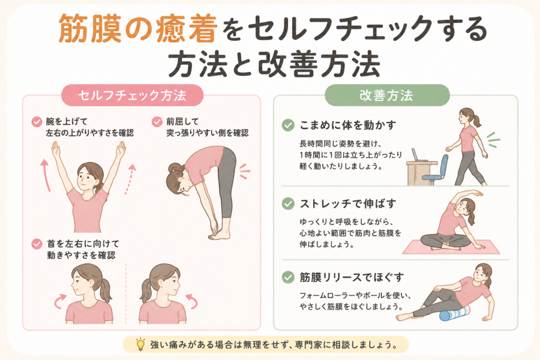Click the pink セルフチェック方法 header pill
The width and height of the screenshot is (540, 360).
pos(132,95)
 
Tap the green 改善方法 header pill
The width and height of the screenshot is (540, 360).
pos(387,95)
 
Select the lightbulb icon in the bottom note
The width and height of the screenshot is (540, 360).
pos(140,344)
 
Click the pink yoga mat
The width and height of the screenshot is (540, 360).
pos(451,247)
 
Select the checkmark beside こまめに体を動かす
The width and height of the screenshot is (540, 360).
pos(288,125)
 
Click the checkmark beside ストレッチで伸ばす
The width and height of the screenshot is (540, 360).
pos(288,204)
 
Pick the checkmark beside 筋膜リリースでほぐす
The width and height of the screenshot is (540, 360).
pos(288,277)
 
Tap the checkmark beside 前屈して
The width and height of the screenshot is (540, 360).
pos(157,122)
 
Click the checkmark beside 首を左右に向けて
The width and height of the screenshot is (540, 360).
pos(37,244)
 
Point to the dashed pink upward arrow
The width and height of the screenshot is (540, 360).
pos(130,179)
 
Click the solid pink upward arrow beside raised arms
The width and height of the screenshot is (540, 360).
pos(46,175)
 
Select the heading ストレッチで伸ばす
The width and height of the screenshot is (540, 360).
pos(348,204)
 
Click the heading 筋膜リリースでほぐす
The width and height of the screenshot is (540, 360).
pos(352,277)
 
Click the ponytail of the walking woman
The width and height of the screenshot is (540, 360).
pos(478,121)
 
